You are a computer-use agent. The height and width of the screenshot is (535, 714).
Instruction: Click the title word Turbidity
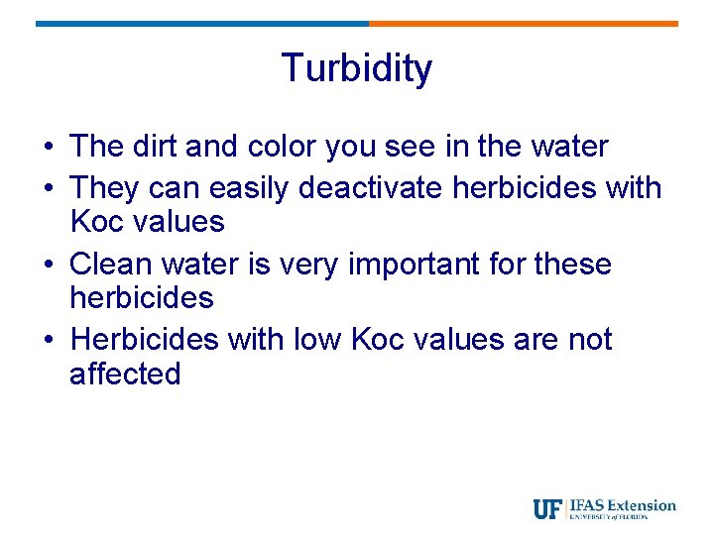coord(357,68)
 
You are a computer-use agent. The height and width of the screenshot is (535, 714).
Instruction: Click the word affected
coord(125,374)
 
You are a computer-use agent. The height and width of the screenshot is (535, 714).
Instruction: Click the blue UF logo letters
coord(547,508)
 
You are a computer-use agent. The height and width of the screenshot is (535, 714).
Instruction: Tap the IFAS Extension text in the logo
coord(623,505)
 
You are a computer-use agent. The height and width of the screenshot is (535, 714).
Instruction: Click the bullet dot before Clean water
coord(48,266)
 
